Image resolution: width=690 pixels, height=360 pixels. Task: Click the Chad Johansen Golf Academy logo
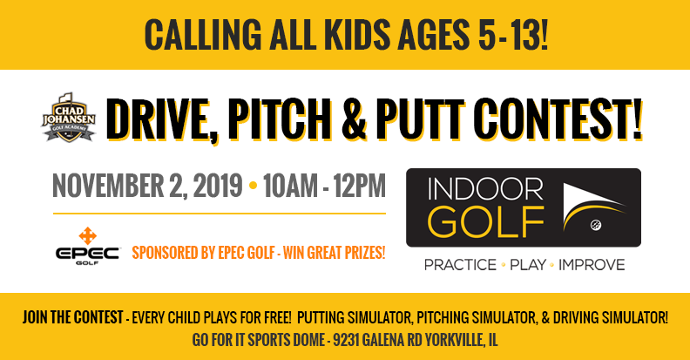point(69,118)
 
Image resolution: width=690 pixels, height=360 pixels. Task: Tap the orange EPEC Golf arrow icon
point(88,236)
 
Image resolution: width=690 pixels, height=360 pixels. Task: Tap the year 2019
point(218,186)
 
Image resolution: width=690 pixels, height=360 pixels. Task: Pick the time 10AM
point(290,186)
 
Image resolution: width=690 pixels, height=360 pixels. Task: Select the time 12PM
point(360,186)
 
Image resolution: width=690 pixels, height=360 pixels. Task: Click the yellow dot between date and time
point(253,186)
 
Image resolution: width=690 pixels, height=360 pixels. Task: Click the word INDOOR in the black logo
point(485,189)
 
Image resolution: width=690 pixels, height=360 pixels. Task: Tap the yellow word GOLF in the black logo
point(486,221)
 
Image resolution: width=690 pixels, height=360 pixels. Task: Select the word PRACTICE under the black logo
point(460,265)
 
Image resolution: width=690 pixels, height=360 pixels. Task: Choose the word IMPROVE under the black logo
point(592,265)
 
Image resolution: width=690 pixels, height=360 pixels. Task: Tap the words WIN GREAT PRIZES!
point(334,253)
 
